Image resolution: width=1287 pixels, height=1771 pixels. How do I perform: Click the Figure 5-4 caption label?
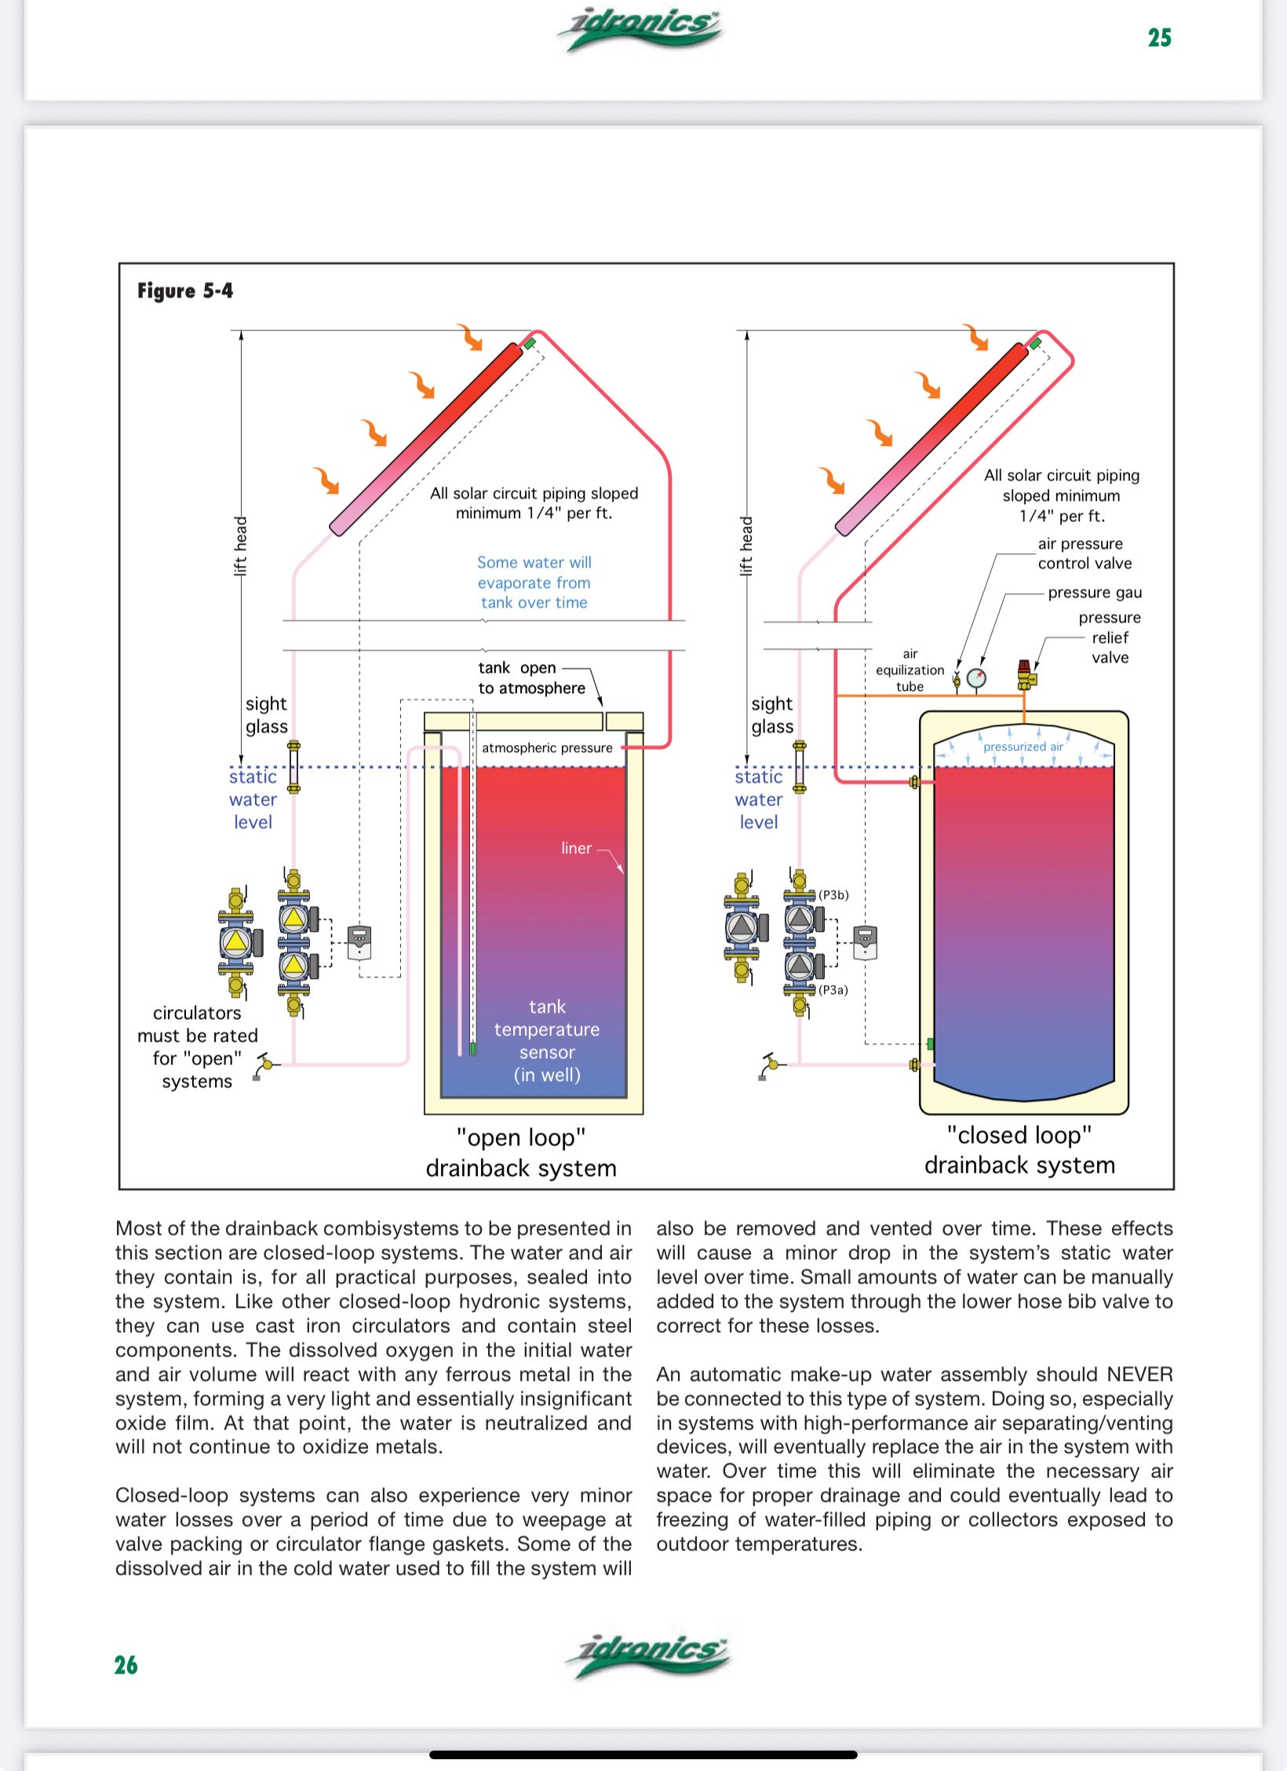coord(185,291)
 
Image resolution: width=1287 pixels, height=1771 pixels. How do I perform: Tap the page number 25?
coord(1159,38)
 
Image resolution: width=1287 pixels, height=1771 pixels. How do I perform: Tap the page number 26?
coord(126,1665)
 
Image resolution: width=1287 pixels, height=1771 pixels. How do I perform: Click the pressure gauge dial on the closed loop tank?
coord(976,677)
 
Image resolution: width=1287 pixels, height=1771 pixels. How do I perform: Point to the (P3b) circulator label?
coord(833,895)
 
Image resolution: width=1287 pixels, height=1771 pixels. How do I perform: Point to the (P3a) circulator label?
coord(833,990)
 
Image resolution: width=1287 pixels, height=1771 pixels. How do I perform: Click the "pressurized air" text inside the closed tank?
coord(1023,747)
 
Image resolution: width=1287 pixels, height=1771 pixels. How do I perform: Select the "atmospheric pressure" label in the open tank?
coord(547,748)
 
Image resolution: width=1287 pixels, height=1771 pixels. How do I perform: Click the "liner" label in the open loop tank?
coord(576,848)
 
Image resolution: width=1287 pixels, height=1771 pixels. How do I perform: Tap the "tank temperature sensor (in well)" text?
coord(547,1041)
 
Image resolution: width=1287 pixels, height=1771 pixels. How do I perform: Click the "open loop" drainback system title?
coord(521,1152)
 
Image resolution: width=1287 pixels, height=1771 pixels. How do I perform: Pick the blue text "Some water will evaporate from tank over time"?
coord(534,582)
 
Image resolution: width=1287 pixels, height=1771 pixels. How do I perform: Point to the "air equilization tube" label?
coord(910,670)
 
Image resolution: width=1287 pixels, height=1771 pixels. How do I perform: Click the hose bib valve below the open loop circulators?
coord(266,1065)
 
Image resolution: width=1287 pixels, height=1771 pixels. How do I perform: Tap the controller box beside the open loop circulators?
coord(359,943)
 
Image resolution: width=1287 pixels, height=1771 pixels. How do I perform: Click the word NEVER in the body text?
coord(1139,1375)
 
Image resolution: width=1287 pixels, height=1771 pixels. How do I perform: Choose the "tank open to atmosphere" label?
coord(532,677)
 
